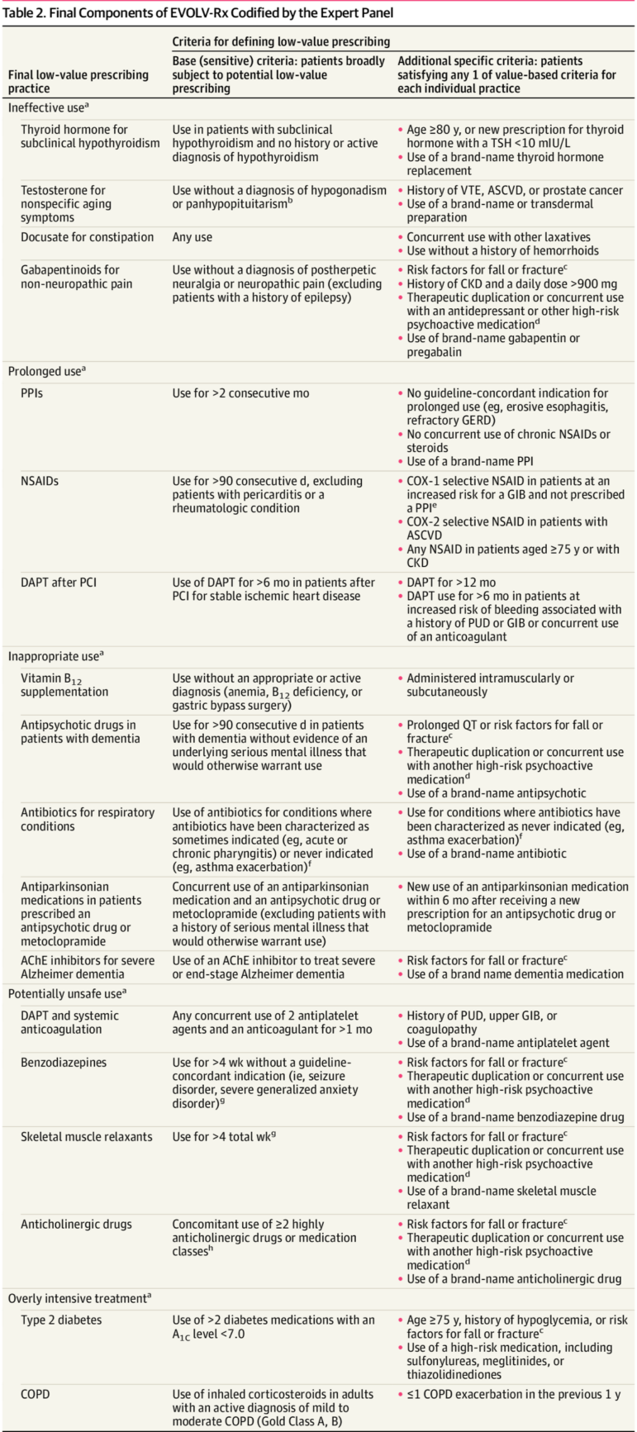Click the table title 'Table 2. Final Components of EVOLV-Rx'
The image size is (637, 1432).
tap(198, 12)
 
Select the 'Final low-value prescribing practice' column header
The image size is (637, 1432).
tap(78, 81)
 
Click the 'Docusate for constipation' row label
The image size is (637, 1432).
tap(87, 237)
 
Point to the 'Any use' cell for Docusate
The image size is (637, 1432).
tap(193, 237)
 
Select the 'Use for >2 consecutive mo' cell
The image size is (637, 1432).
tap(240, 393)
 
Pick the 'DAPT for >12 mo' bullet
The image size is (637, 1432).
tap(451, 583)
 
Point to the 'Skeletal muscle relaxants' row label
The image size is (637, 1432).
tap(87, 1136)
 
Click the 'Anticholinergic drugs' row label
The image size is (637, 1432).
tap(76, 1224)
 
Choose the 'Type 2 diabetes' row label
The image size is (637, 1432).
tap(61, 1320)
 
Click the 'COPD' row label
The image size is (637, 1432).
tap(36, 1394)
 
